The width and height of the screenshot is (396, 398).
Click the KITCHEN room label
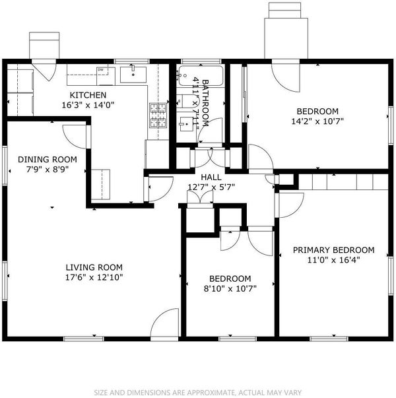88,95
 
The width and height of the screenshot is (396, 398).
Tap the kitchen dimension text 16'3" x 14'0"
88,105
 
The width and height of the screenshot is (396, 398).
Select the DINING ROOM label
48,160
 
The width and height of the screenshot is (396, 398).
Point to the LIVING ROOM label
94,267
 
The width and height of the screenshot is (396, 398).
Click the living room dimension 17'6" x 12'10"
94,277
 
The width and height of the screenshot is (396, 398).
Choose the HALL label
211,177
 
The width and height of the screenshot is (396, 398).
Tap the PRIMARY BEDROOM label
333,250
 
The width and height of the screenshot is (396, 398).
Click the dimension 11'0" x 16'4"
333,260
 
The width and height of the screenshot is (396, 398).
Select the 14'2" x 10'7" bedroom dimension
317,121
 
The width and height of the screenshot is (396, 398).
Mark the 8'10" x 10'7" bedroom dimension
230,288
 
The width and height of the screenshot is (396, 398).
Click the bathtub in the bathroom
201,76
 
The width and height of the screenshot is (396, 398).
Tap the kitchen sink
133,75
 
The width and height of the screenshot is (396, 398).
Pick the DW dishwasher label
100,69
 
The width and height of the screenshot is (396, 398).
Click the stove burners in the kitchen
158,116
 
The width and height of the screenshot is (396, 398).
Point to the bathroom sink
186,124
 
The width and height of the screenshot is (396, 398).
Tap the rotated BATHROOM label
205,103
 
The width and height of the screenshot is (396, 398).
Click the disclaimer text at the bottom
198,393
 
